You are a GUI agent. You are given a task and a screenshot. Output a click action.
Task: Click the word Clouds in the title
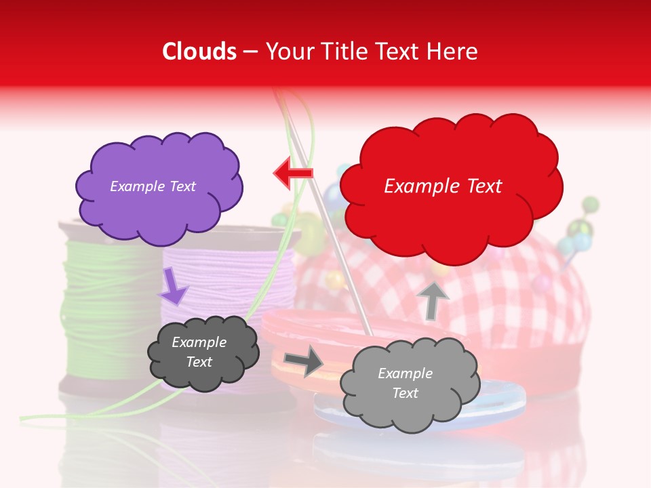pos(199,52)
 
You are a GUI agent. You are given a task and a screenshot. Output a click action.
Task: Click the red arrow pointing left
pos(293,174)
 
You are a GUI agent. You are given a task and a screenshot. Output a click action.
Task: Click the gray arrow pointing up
pos(433,300)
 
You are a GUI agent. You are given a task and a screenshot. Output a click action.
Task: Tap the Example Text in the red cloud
pos(443,186)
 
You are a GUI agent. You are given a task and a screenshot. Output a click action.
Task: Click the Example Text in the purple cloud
pos(153,186)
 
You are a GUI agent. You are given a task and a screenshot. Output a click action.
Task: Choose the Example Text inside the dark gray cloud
pos(199,352)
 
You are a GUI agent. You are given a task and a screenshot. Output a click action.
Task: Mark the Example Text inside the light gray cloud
pos(405,384)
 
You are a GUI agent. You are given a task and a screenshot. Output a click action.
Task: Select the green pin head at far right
pos(590,204)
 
